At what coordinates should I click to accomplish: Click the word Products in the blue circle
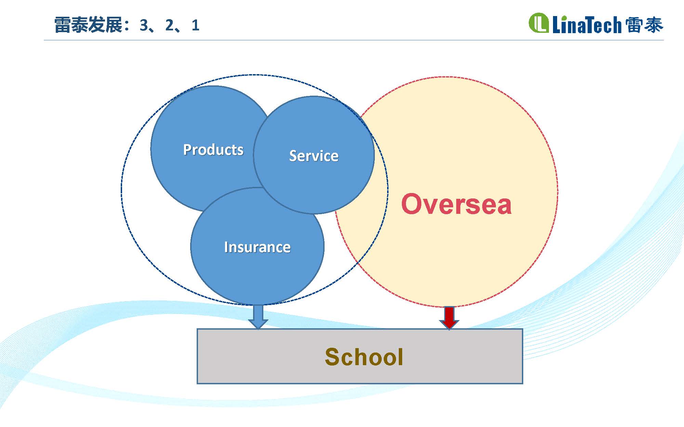click(213, 150)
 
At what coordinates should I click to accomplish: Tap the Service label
click(314, 156)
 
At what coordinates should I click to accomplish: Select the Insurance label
click(257, 247)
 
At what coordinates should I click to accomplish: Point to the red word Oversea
click(456, 204)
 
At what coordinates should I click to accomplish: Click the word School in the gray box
click(364, 357)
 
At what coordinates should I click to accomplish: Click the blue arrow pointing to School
click(258, 317)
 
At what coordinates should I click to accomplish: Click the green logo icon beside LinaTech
click(539, 23)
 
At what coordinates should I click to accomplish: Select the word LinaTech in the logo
click(587, 25)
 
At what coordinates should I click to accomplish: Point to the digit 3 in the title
click(144, 25)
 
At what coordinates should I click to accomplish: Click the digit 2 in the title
click(170, 25)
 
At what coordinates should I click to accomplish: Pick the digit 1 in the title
click(195, 25)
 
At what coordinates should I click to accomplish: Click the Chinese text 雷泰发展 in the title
click(88, 25)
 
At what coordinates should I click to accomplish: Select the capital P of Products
click(187, 149)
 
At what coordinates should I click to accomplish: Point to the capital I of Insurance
click(226, 247)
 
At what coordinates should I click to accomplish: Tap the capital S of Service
click(293, 156)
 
